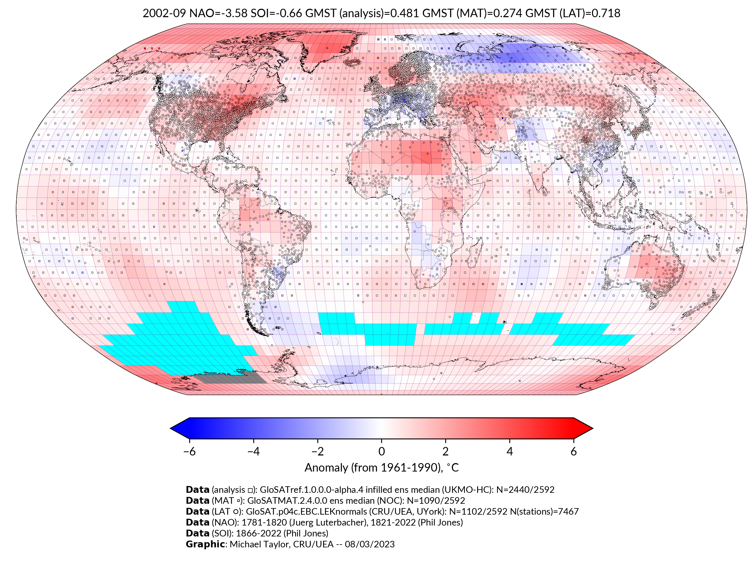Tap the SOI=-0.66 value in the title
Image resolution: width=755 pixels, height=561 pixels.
[276, 13]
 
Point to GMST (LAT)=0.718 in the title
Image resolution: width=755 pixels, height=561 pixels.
[572, 13]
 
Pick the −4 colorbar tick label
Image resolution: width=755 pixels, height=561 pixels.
[253, 451]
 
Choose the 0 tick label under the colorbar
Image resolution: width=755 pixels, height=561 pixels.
[381, 451]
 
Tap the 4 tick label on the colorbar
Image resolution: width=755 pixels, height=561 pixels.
[510, 451]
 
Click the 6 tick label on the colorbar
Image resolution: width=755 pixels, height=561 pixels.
[573, 451]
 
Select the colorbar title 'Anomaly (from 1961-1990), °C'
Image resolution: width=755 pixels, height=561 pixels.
[381, 468]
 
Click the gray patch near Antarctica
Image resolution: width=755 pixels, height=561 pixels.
[231, 378]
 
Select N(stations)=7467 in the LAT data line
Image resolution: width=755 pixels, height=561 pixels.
[544, 511]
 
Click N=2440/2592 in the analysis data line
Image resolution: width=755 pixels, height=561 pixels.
[525, 490]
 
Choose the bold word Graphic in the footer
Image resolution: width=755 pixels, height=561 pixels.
[205, 544]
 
